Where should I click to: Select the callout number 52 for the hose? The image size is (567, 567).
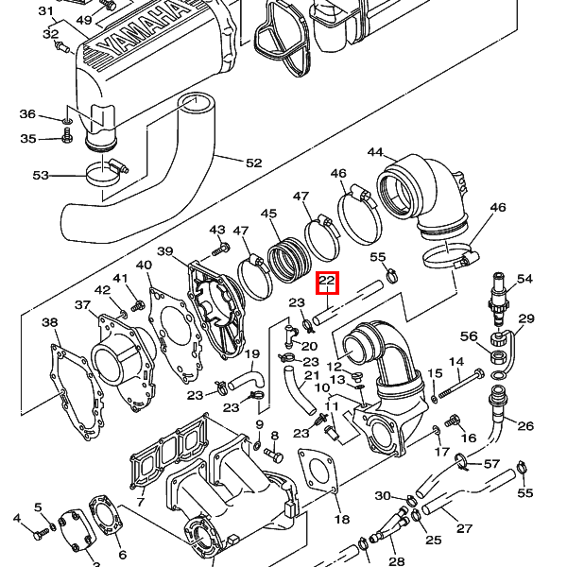pyautogui.click(x=253, y=163)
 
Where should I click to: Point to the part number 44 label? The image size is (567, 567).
pyautogui.click(x=375, y=153)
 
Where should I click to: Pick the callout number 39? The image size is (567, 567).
pyautogui.click(x=165, y=251)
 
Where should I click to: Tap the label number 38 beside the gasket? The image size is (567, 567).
pyautogui.click(x=49, y=323)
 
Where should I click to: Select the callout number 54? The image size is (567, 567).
pyautogui.click(x=524, y=279)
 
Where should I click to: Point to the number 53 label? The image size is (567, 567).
pyautogui.click(x=41, y=176)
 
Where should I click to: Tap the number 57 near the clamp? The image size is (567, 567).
pyautogui.click(x=491, y=464)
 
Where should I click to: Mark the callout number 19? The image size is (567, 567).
pyautogui.click(x=252, y=354)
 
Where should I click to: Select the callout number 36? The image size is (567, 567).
pyautogui.click(x=27, y=115)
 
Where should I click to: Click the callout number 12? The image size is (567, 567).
pyautogui.click(x=334, y=366)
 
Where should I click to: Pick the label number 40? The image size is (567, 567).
pyautogui.click(x=144, y=266)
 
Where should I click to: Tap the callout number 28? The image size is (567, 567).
pyautogui.click(x=397, y=561)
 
